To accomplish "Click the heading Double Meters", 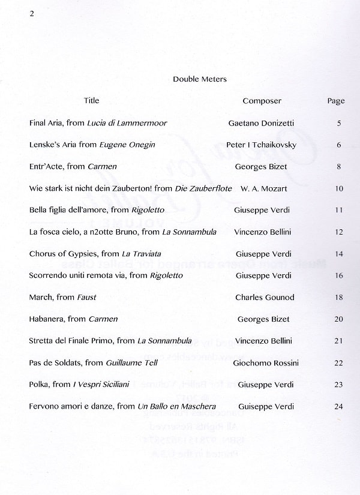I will pos(200,79).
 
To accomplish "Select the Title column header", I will pos(92,100).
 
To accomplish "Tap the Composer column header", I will pos(262,101).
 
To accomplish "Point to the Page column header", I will pos(336,101).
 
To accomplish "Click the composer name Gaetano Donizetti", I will pos(261,123).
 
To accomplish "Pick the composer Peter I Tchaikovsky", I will pos(261,145).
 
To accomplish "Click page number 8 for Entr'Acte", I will pos(339,167).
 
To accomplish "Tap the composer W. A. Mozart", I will pos(263,188).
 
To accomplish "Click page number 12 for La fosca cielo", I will pos(339,232).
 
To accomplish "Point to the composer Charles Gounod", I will pos(265,297).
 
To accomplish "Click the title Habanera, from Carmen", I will pos(73,319).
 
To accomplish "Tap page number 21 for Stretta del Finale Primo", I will pos(339,341).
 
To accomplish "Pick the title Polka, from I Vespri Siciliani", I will pos(79,385).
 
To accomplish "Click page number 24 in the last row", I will pos(339,407).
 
